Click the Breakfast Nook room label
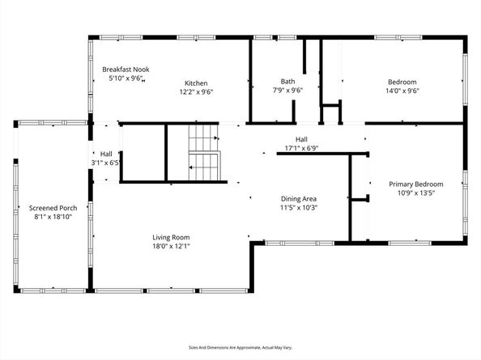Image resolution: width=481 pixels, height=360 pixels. point(126,70)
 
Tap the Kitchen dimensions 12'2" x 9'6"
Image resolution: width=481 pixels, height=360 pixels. point(196,91)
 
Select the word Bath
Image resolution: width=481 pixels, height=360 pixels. point(287,81)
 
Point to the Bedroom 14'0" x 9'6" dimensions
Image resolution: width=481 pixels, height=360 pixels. point(402,91)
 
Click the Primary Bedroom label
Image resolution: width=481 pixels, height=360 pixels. point(417,184)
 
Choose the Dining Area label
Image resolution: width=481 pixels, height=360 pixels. point(298,198)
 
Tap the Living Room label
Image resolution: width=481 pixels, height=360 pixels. point(171,237)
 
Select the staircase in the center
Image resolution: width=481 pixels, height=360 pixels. point(204,153)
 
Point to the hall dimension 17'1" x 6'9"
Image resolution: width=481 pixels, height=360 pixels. point(301,148)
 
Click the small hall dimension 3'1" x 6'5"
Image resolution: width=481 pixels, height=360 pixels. point(106,163)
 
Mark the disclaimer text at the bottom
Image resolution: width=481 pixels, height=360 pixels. point(240,346)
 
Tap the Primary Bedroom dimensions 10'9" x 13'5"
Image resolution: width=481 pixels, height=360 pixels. point(417,193)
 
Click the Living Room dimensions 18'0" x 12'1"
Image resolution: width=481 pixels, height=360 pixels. point(171,247)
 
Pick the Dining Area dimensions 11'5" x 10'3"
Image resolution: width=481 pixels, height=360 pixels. point(298,208)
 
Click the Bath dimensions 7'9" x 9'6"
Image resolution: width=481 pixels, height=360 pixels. point(287,91)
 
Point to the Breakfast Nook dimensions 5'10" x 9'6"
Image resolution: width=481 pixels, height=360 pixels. point(126,79)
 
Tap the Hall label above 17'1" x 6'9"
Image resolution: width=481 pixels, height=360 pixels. point(301,139)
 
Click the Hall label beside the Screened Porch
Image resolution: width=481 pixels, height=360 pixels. point(106,154)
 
